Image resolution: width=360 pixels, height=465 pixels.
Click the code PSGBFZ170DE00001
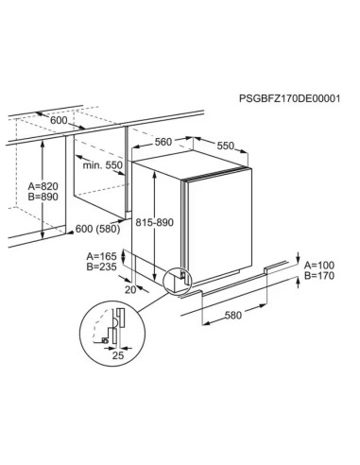(289, 98)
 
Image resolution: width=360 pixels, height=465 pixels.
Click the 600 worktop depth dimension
(59, 120)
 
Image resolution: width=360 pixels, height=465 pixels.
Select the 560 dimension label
(163, 142)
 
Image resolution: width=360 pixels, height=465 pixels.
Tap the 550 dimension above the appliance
(226, 146)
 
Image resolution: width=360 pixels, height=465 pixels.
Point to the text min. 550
(102, 165)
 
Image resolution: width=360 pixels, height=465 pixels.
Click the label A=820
(43, 186)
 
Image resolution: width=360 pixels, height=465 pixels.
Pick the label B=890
(43, 197)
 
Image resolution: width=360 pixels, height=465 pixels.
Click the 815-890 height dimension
(154, 222)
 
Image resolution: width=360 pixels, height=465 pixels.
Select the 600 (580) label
(98, 229)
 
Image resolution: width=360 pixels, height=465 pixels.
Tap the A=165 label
(101, 256)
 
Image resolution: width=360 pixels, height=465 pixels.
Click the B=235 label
(101, 267)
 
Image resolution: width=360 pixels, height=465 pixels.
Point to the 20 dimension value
(130, 289)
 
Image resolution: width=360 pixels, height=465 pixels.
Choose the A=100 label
(319, 266)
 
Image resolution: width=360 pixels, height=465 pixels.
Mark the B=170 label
(319, 276)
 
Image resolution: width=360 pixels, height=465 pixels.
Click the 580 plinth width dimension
(233, 315)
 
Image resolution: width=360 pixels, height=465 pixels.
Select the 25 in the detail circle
(118, 355)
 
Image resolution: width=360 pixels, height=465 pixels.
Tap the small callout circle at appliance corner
(178, 281)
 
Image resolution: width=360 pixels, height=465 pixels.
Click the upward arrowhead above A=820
(43, 144)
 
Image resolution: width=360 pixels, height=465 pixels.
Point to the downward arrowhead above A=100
(299, 259)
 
